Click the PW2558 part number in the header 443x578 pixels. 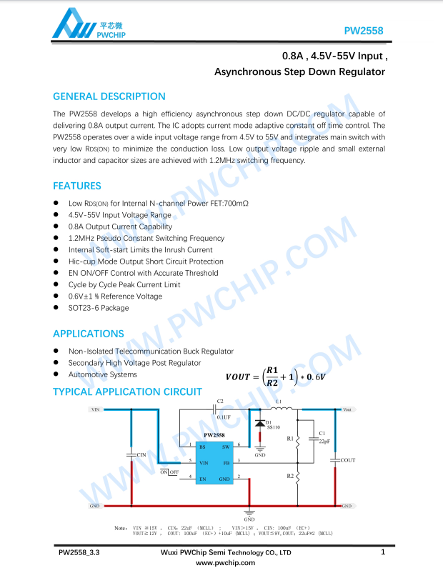click(x=364, y=31)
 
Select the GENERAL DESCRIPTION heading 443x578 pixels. click(x=109, y=96)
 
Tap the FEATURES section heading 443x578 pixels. click(x=77, y=186)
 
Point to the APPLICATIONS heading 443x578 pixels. click(x=89, y=334)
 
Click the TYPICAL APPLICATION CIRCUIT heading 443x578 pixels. click(x=127, y=392)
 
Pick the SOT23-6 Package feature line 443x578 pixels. click(x=99, y=308)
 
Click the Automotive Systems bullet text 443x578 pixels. click(x=102, y=374)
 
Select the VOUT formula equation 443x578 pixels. click(x=275, y=376)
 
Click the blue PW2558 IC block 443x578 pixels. click(x=214, y=462)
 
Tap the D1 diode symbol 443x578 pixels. click(x=259, y=424)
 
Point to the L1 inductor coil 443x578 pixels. click(x=281, y=411)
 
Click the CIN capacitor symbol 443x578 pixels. click(x=131, y=454)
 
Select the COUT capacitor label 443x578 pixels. click(x=348, y=461)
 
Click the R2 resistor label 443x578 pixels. click(x=290, y=476)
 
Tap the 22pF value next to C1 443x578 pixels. click(x=324, y=442)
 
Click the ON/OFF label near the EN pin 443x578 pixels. click(x=169, y=472)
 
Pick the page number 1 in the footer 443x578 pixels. click(x=383, y=552)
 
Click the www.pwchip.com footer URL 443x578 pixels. click(x=225, y=563)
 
